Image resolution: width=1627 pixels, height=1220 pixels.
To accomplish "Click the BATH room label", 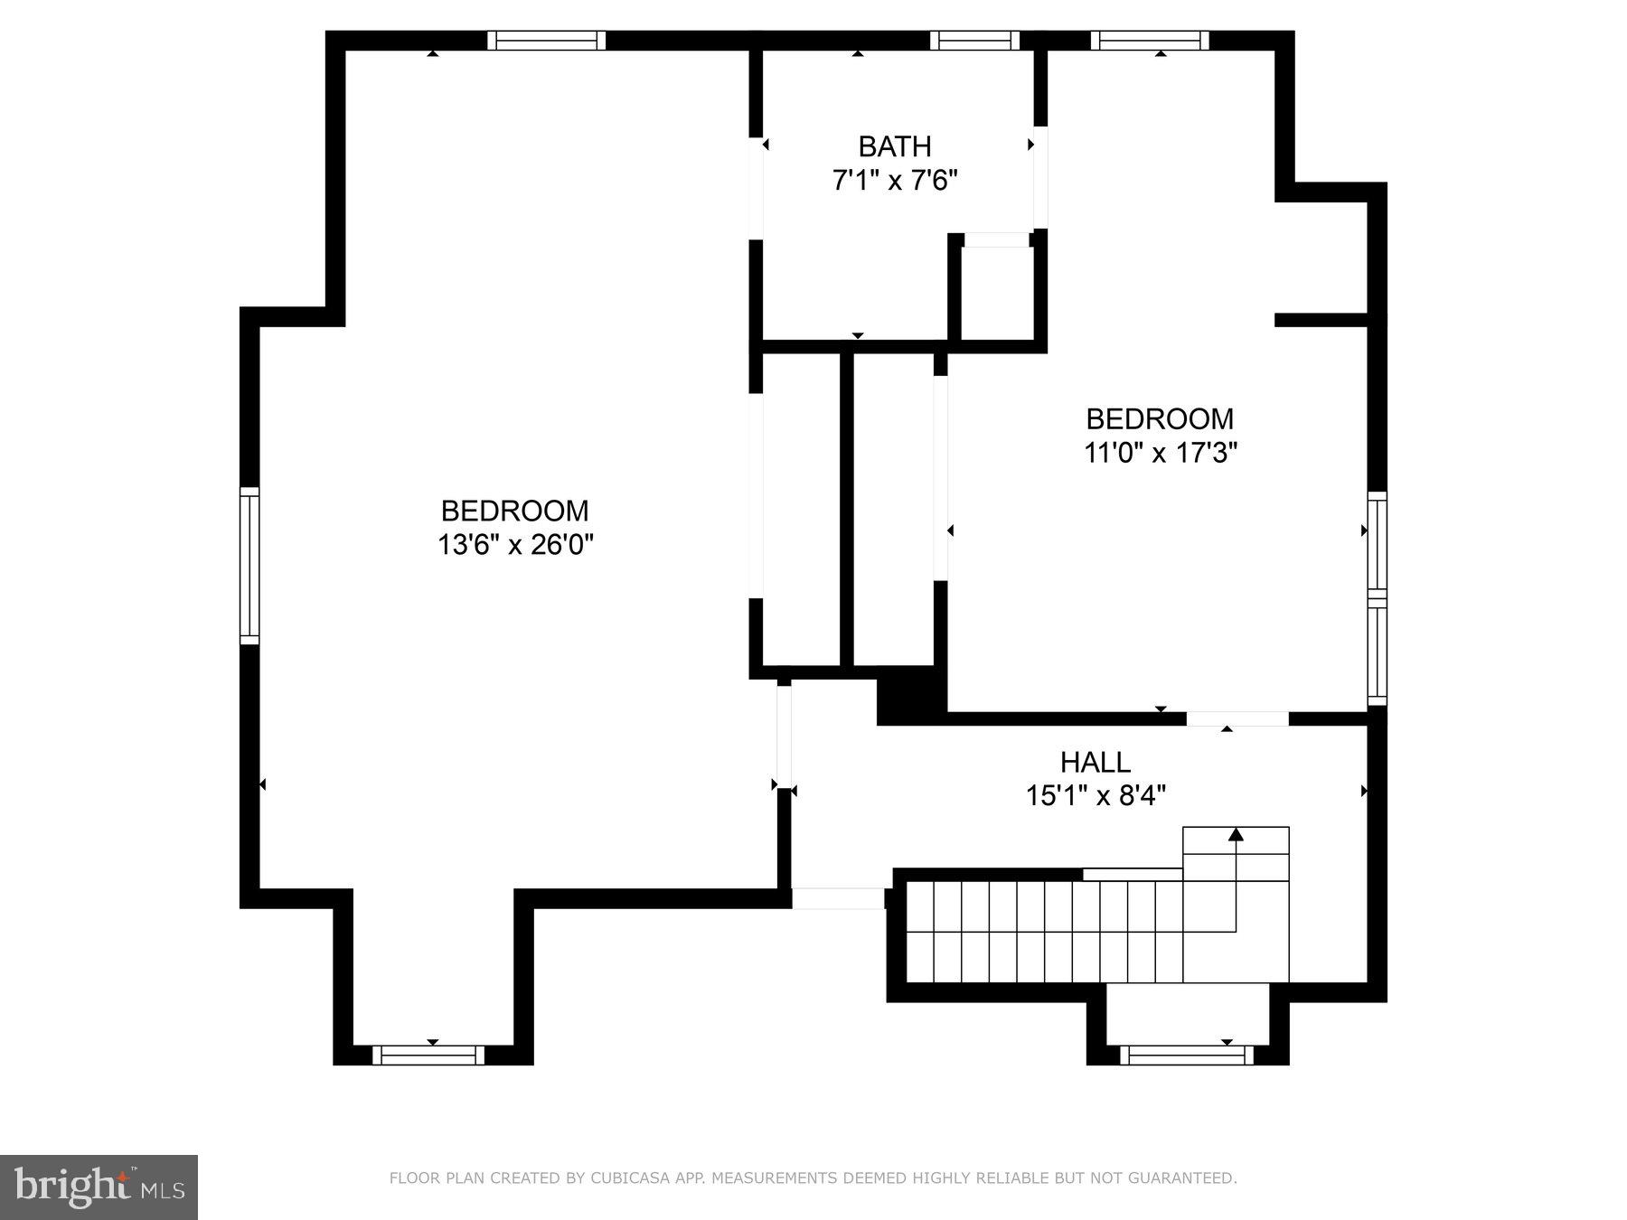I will click(894, 146).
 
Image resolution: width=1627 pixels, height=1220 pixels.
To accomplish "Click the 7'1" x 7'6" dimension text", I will click(894, 181).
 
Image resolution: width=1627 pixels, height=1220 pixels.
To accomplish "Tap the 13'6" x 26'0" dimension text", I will click(515, 545).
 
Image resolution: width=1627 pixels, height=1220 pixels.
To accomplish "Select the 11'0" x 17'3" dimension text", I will click(1160, 453).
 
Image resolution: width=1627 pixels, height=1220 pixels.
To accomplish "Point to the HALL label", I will click(1096, 763).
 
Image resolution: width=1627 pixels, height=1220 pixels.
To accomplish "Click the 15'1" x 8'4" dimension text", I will click(1096, 796).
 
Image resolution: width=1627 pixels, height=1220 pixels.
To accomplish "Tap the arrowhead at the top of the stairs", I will click(1236, 834).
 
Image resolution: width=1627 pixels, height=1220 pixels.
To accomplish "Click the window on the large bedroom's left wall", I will click(249, 566).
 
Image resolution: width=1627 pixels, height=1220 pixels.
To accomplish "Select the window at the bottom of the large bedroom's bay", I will click(428, 1055).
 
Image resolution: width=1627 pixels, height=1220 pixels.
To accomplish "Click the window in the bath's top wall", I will click(974, 41).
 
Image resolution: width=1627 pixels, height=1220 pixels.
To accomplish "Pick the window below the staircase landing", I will click(1187, 1055).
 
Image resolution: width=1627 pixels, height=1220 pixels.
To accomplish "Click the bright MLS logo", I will click(99, 1187).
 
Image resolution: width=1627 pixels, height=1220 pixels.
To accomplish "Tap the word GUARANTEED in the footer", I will click(1190, 1178).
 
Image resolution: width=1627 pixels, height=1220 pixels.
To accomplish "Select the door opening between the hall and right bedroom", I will click(1237, 718).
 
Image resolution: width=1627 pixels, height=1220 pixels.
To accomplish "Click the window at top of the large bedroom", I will click(546, 41).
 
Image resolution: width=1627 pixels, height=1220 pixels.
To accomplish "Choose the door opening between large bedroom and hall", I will click(784, 737).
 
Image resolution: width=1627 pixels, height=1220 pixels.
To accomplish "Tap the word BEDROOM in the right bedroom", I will click(1160, 419).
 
